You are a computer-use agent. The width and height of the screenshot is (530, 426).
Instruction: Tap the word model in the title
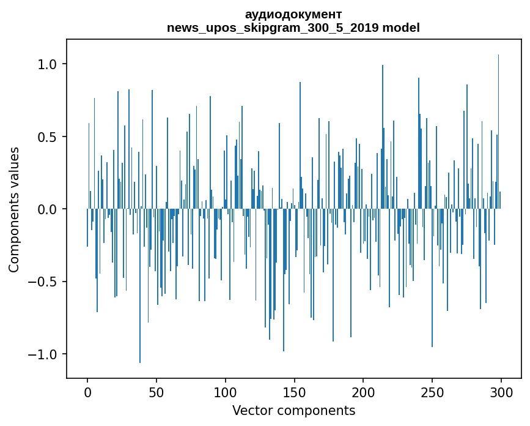pyautogui.click(x=401, y=28)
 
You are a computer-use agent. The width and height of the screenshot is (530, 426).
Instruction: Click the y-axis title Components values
pyautogui.click(x=14, y=209)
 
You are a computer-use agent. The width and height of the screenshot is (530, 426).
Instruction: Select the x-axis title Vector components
pyautogui.click(x=293, y=410)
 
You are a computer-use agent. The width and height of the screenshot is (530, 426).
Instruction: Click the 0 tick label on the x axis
pyautogui.click(x=87, y=392)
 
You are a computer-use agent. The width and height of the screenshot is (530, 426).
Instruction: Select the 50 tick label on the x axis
pyautogui.click(x=156, y=392)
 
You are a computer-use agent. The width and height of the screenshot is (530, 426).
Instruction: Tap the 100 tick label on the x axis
pyautogui.click(x=226, y=392)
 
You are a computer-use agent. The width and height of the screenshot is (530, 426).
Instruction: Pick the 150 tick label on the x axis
pyautogui.click(x=295, y=392)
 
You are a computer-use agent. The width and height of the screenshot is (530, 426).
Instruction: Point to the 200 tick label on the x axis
pyautogui.click(x=363, y=392)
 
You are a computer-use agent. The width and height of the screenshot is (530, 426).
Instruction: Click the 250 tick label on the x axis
pyautogui.click(x=432, y=392)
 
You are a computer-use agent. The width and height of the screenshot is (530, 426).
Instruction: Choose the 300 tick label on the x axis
pyautogui.click(x=501, y=392)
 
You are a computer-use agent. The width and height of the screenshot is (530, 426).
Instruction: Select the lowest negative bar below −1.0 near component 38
pyautogui.click(x=140, y=288)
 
